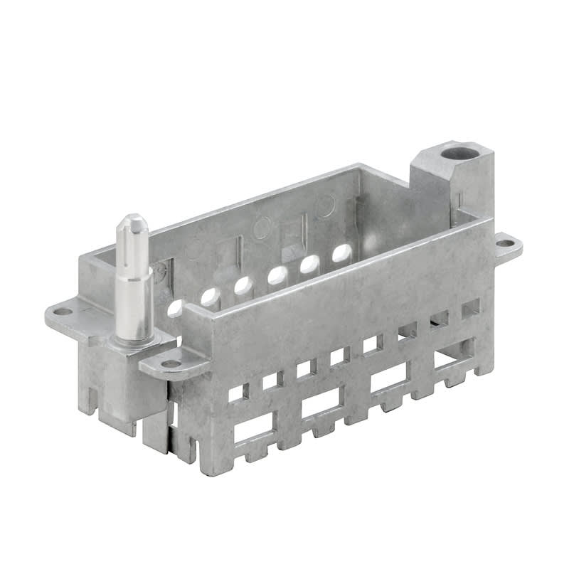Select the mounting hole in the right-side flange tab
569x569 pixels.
(504, 243)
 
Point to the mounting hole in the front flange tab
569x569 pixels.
(171, 363)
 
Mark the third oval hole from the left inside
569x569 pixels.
(243, 285)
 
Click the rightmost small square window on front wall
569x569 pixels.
(470, 309)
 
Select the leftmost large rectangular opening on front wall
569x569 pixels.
(252, 430)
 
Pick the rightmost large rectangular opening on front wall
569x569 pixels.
(454, 353)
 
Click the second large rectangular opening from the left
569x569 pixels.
(321, 405)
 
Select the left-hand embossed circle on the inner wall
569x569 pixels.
(261, 230)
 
